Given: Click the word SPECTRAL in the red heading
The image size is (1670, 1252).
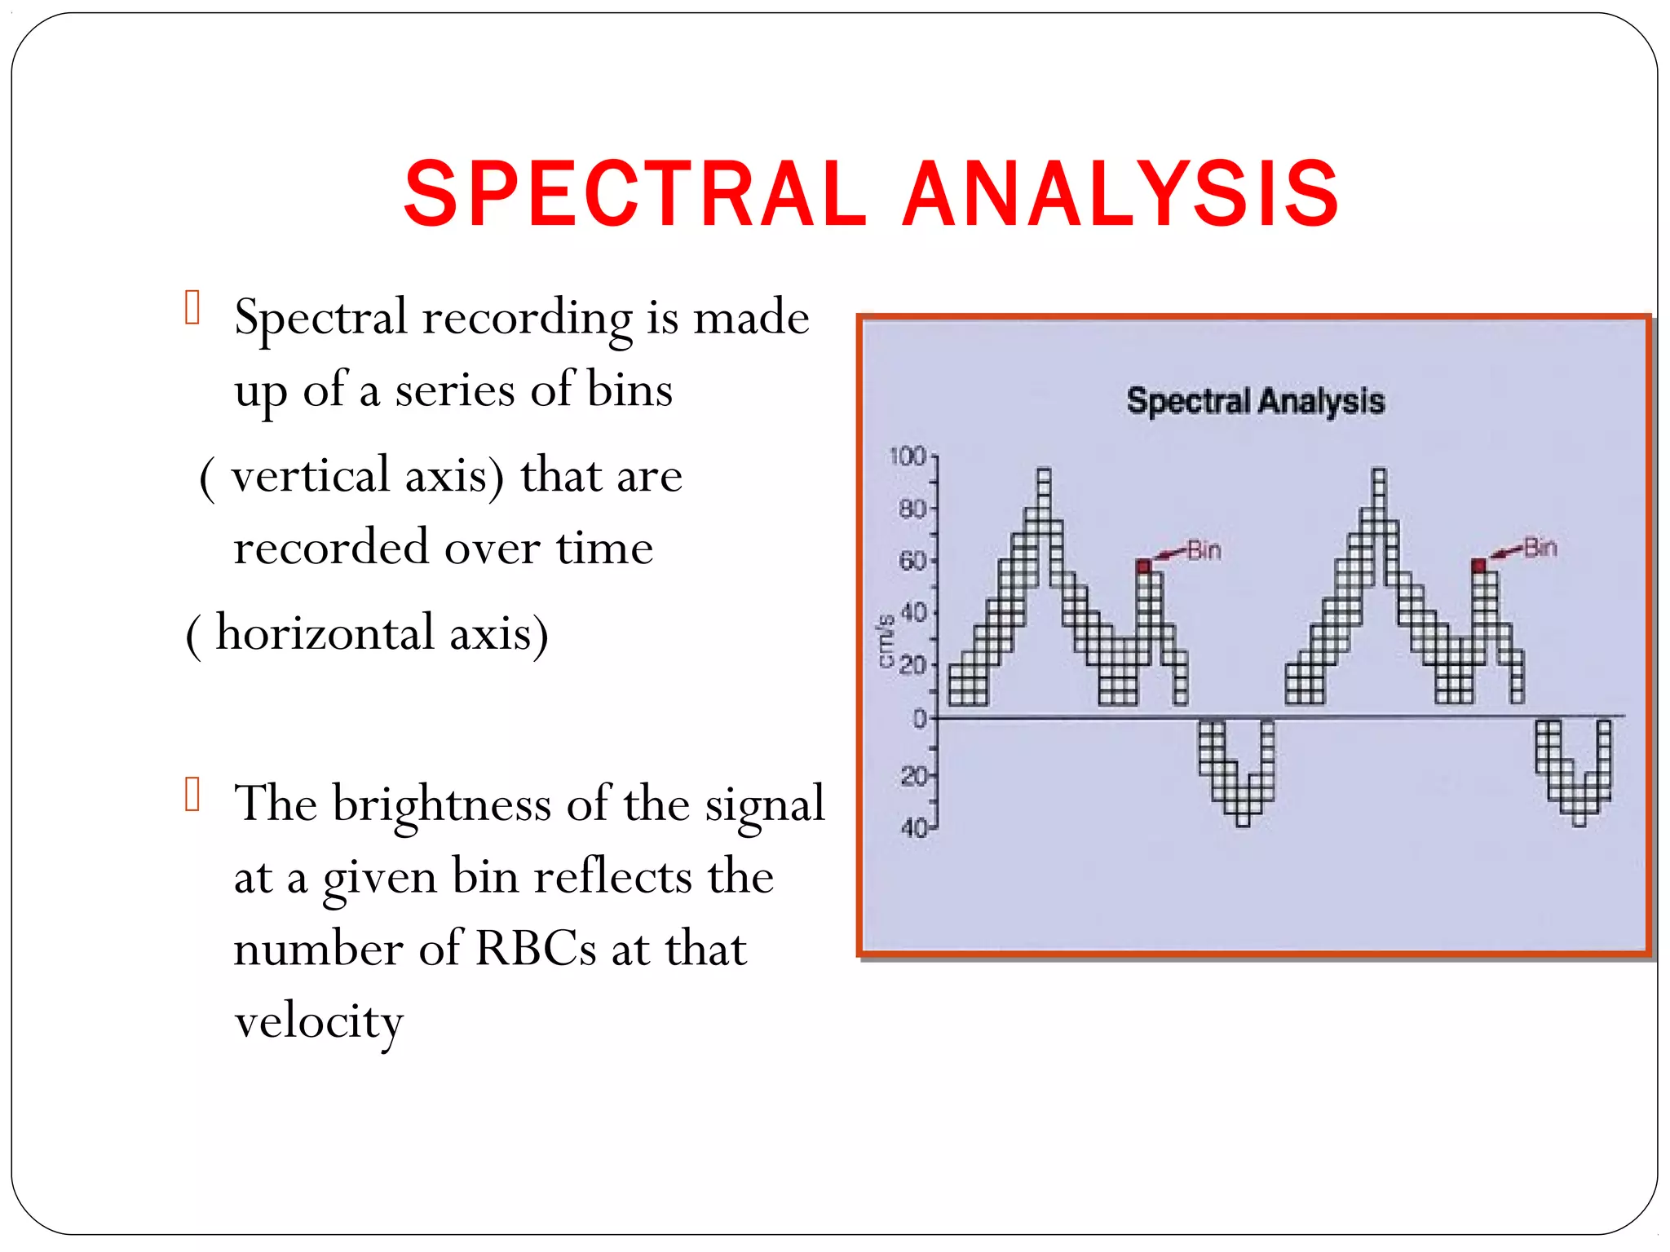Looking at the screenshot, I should pyautogui.click(x=634, y=194).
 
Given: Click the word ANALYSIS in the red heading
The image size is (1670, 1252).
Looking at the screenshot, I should pyautogui.click(x=1120, y=194).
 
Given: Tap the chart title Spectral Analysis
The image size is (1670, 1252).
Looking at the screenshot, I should pyautogui.click(x=1255, y=401).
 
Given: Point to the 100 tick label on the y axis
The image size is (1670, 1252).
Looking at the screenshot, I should pyautogui.click(x=908, y=456).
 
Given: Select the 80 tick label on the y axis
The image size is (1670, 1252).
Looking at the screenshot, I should pyautogui.click(x=912, y=509).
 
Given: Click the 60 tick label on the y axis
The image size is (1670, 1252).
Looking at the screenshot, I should pyautogui.click(x=912, y=561).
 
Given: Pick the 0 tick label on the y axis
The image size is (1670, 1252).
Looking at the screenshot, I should pyautogui.click(x=920, y=718).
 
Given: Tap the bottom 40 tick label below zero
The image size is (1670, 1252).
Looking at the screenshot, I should pyautogui.click(x=913, y=828).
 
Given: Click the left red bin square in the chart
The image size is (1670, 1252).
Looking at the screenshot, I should pyautogui.click(x=1143, y=566).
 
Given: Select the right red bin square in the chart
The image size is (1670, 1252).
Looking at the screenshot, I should pyautogui.click(x=1479, y=565).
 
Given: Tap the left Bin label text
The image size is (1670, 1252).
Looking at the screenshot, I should pyautogui.click(x=1204, y=550).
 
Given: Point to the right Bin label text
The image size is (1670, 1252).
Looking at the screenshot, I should pyautogui.click(x=1540, y=548).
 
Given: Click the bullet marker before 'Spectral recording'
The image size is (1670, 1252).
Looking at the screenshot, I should pyautogui.click(x=192, y=308).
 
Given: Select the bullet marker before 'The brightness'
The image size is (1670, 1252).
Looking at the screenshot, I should pyautogui.click(x=192, y=795).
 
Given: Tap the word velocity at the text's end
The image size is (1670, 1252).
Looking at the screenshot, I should pyautogui.click(x=319, y=1021).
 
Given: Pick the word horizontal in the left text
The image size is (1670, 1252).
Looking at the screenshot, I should pyautogui.click(x=325, y=633).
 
